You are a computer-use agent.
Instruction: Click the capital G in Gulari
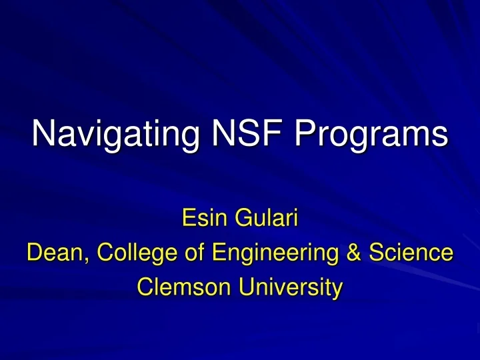point(238,218)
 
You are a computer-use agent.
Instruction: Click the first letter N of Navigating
point(43,133)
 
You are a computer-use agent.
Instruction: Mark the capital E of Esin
point(189,218)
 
